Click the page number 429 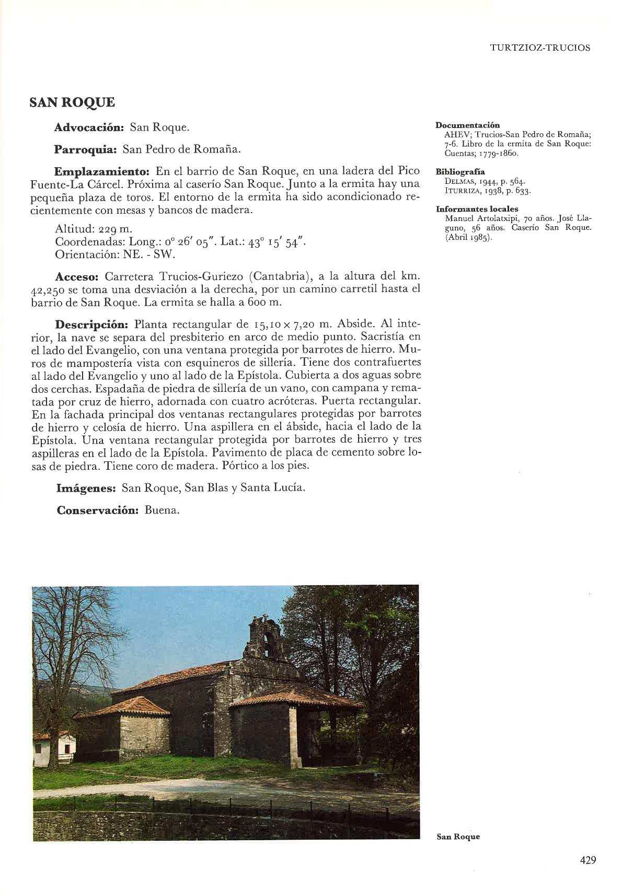point(588,860)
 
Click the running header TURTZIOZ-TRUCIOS point(540,48)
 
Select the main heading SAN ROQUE point(72,102)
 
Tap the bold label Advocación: point(89,127)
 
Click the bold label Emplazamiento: point(102,171)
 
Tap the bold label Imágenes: point(86,488)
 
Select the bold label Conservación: point(97,510)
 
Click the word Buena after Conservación point(162,510)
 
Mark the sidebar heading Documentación point(468,125)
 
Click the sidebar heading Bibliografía point(461,171)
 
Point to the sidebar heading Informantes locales point(477,209)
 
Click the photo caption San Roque point(458,836)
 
